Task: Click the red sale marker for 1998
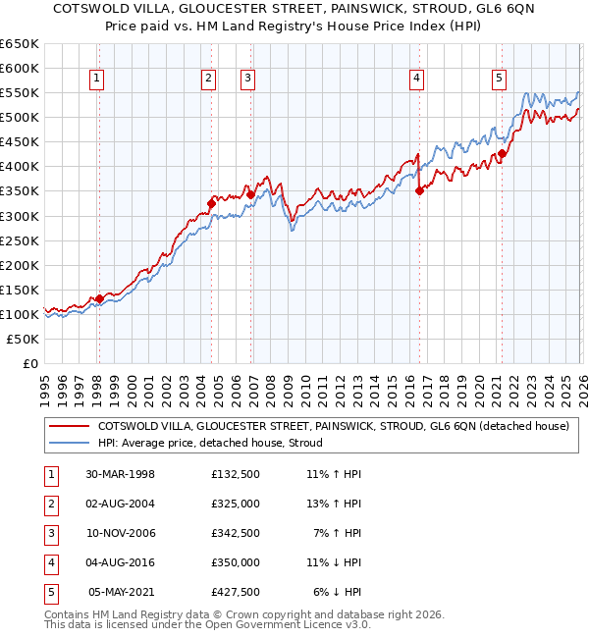(x=99, y=298)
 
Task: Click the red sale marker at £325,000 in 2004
(x=210, y=203)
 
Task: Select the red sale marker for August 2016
(x=419, y=190)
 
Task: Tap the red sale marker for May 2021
(x=502, y=153)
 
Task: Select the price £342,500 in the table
(x=235, y=533)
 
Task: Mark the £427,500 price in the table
(x=235, y=592)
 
